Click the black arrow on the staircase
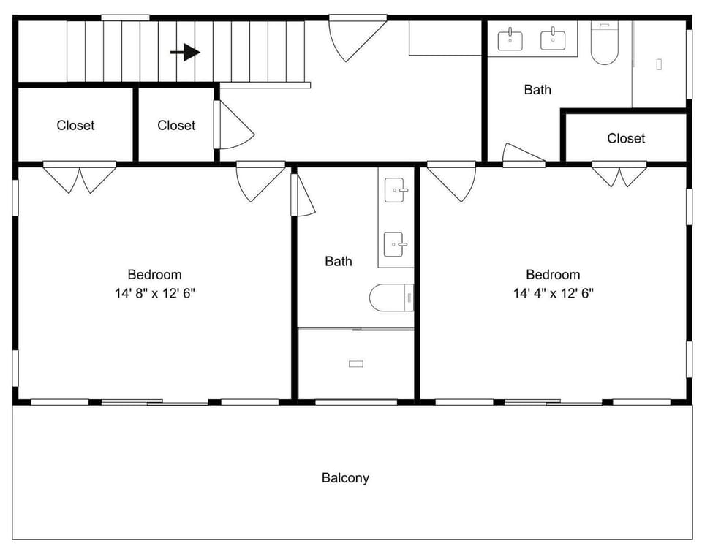coord(185,53)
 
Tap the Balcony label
coord(345,478)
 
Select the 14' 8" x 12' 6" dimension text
coord(155,294)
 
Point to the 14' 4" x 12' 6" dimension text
coord(554,294)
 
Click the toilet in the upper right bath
coord(605,42)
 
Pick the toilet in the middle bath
coord(391,298)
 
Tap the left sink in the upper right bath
coord(510,39)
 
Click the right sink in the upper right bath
coord(553,39)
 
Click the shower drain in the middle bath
coord(356,364)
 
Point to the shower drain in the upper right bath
coord(659,64)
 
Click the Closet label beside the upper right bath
coord(626,138)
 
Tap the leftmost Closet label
coord(75,125)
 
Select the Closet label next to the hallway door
coord(176,125)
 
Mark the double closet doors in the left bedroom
coord(80,177)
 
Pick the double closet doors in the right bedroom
coord(619,174)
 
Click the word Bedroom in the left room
coord(154,274)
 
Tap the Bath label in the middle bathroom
coord(339,261)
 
